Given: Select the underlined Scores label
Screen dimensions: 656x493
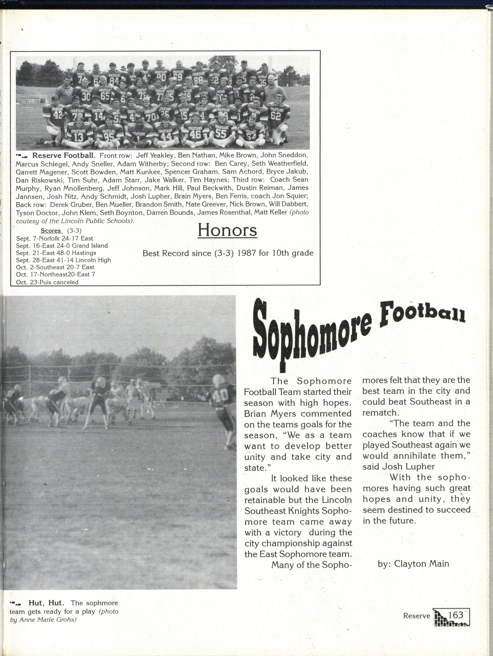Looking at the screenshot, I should coord(51,231).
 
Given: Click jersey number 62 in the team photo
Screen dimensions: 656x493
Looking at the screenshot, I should coord(275,116).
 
